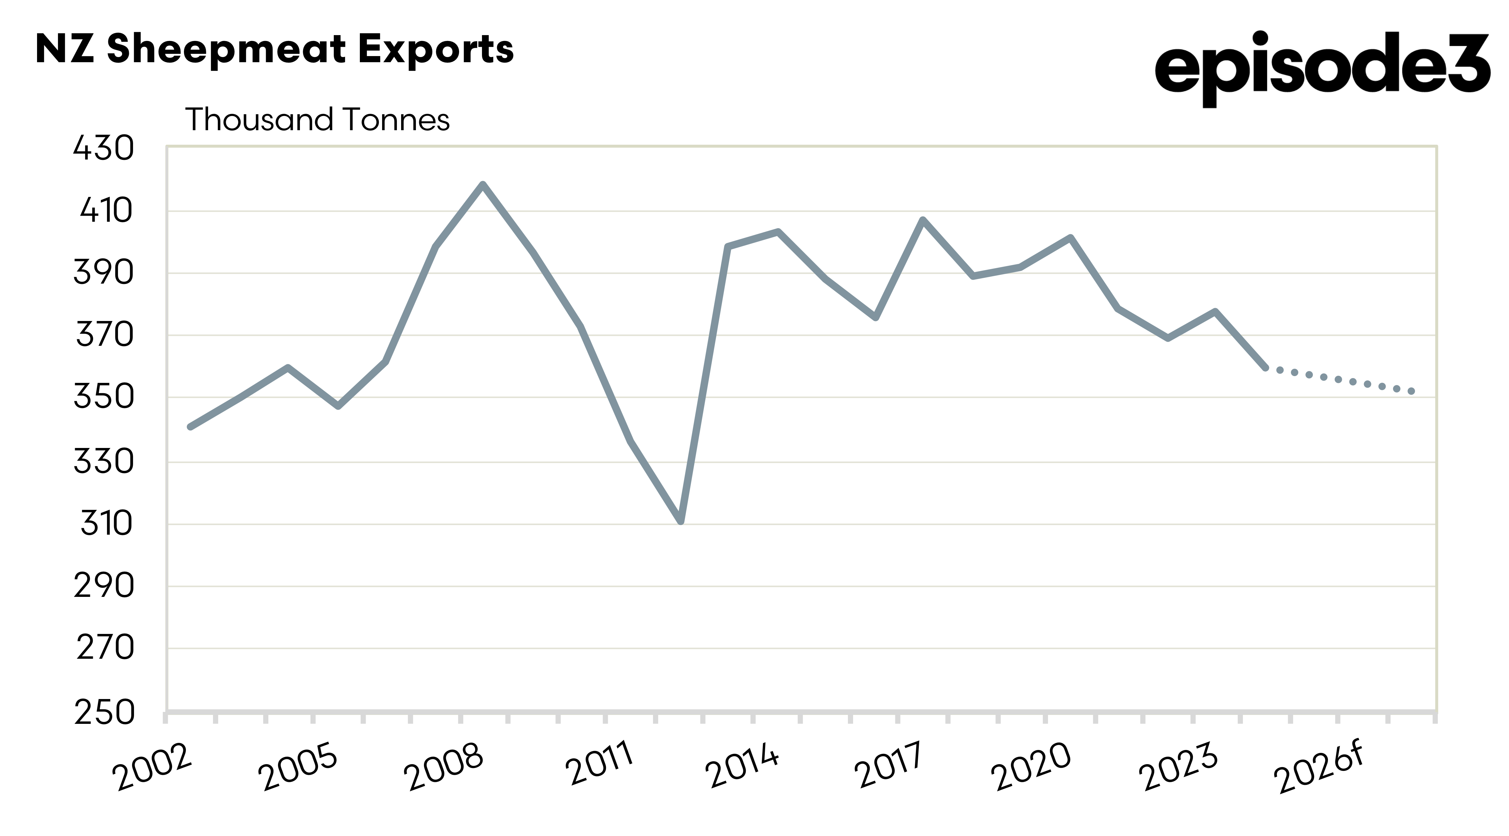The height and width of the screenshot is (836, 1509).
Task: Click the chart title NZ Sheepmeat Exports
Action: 274,49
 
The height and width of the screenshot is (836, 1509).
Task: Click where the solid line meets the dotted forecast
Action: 1265,367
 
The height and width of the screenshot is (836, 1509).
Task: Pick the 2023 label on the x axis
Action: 1178,766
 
